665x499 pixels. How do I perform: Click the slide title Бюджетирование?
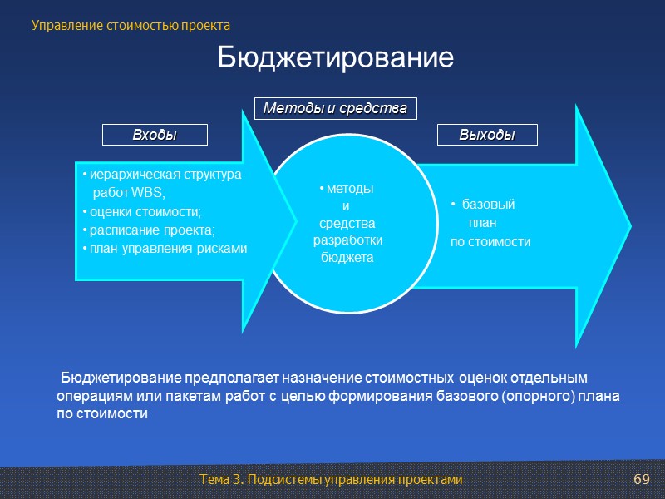click(x=336, y=58)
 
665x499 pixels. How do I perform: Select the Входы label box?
click(x=155, y=135)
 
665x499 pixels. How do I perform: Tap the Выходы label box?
click(x=487, y=135)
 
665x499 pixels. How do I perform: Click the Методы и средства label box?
click(x=335, y=108)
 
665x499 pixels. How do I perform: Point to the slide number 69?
click(x=641, y=481)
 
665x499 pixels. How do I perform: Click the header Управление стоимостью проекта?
click(x=131, y=26)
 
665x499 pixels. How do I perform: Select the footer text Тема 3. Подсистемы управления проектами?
click(x=331, y=481)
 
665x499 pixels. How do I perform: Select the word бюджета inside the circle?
click(x=347, y=258)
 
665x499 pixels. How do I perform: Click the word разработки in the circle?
click(x=347, y=240)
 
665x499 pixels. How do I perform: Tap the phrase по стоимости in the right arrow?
click(x=490, y=242)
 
